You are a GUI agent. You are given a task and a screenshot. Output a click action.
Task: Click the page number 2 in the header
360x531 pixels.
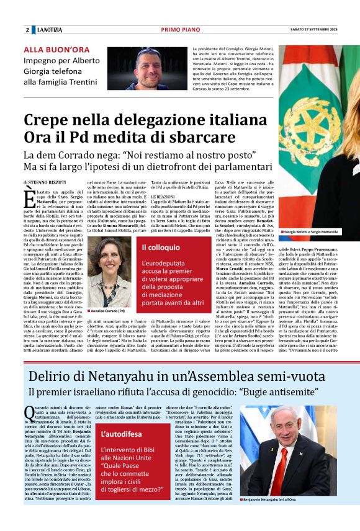click(27, 30)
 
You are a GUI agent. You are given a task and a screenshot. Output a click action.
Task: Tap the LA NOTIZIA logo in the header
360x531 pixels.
click(48, 30)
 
